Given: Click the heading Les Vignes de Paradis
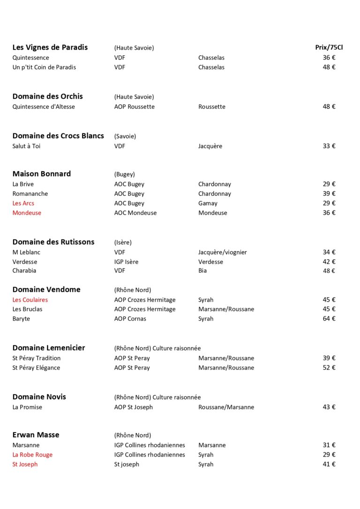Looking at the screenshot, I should [50, 47].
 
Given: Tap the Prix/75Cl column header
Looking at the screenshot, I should [329, 47].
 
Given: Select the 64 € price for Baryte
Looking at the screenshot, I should [329, 319].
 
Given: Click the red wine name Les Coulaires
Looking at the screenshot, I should [30, 300].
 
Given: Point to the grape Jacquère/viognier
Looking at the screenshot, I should [222, 252].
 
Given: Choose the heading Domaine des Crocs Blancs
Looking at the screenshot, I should [58, 136].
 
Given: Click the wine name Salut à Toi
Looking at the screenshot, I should [26, 146].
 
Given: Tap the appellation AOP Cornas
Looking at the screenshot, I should [130, 319].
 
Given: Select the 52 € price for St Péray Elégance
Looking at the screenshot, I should [329, 368].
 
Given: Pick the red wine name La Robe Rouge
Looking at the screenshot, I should [32, 455].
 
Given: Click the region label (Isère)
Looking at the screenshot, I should [123, 242].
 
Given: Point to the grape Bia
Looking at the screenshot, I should [202, 271].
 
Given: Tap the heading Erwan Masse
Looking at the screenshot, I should [36, 435].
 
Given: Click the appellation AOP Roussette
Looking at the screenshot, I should [134, 107].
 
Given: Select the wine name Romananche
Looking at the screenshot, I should [30, 194].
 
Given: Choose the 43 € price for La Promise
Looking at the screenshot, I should [329, 407].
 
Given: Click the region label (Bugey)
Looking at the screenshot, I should [124, 174].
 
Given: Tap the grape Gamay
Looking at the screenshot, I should [208, 203].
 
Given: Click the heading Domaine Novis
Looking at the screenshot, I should [39, 397].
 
